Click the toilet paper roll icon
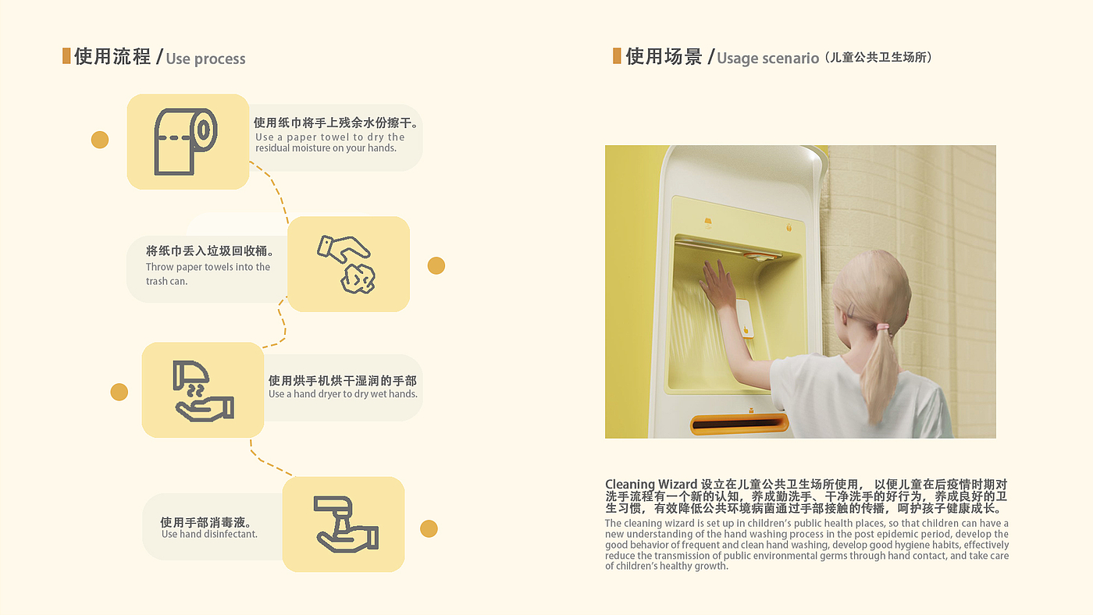pyautogui.click(x=186, y=141)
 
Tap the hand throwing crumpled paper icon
pyautogui.click(x=347, y=265)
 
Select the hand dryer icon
pyautogui.click(x=203, y=391)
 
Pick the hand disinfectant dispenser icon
pyautogui.click(x=345, y=524)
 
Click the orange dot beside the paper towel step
pyautogui.click(x=100, y=140)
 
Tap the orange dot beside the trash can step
pyautogui.click(x=436, y=266)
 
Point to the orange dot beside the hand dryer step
pyautogui.click(x=119, y=392)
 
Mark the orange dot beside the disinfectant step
pyautogui.click(x=429, y=528)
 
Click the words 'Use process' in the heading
pyautogui.click(x=205, y=59)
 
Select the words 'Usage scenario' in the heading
pyautogui.click(x=767, y=59)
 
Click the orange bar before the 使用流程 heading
pyautogui.click(x=66, y=55)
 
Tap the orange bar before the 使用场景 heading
pyautogui.click(x=617, y=55)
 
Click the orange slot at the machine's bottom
pyautogui.click(x=739, y=424)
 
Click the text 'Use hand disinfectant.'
pyautogui.click(x=209, y=534)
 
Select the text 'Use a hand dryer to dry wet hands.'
pyautogui.click(x=343, y=394)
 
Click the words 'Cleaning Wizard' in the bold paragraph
pyautogui.click(x=651, y=485)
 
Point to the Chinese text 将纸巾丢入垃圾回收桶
pyautogui.click(x=209, y=251)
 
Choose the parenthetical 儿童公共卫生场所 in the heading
pyautogui.click(x=878, y=57)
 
